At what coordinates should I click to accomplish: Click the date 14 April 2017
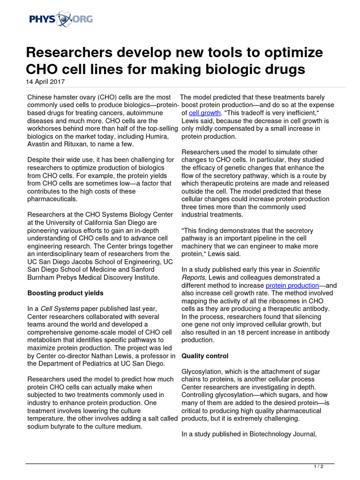(x=45, y=81)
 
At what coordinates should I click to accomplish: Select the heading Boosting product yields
(x=65, y=293)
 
